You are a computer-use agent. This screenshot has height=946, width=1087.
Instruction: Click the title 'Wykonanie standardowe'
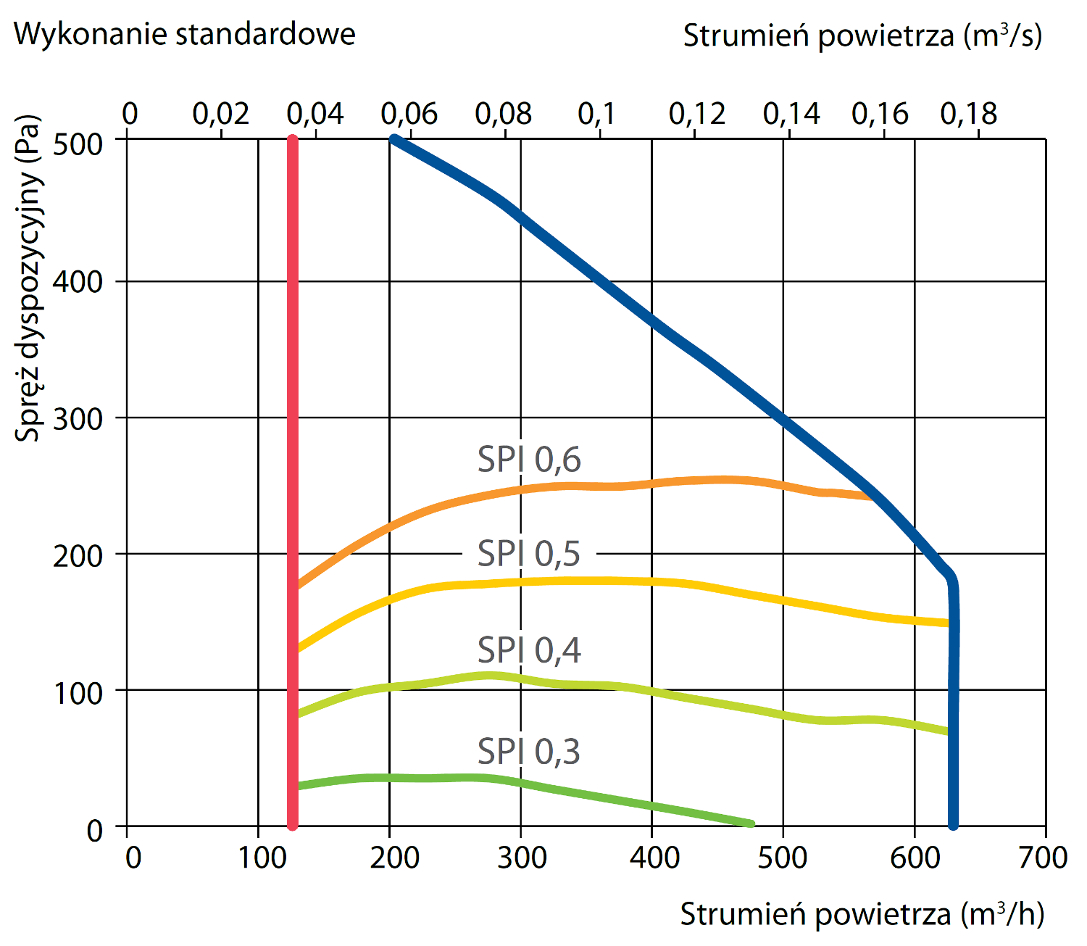coord(185,34)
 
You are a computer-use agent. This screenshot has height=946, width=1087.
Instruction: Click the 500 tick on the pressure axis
coord(78,144)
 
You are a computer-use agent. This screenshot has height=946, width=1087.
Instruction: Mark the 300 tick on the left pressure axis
coord(78,418)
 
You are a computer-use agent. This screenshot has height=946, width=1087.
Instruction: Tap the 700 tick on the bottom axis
coord(1043,858)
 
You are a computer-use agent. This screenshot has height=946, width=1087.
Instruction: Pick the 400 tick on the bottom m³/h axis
coord(654,858)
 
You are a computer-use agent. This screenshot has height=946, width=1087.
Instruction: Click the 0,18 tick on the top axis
coord(969,114)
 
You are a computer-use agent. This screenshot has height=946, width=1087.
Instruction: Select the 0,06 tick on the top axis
coord(409,114)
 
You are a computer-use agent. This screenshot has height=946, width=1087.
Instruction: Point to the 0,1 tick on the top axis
coord(596,114)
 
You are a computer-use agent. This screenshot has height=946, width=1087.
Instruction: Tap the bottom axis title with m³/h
coord(862,915)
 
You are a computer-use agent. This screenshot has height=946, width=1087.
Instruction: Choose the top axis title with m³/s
coord(862,36)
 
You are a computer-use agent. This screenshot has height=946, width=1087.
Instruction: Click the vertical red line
coord(293,478)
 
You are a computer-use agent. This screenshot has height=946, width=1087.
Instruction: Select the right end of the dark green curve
coord(751,824)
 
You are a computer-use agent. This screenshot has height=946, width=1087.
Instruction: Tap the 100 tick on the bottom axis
coord(262,858)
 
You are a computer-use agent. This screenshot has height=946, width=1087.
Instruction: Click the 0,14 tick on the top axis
coord(791,114)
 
